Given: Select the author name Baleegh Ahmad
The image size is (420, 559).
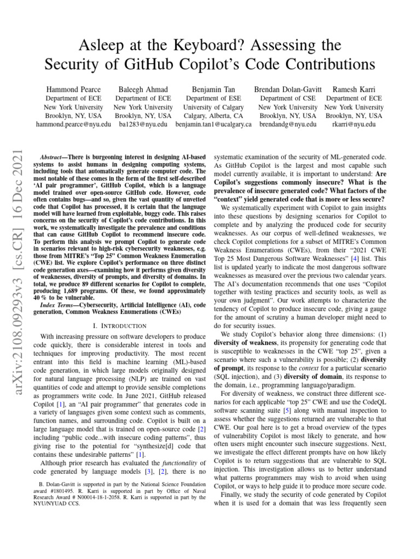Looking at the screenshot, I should (x=143, y=89).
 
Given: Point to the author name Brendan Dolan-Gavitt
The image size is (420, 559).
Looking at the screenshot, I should (x=288, y=89).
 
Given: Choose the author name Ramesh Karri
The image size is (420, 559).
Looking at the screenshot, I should (x=354, y=89).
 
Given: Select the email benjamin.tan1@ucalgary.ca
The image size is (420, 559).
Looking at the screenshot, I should (x=213, y=124).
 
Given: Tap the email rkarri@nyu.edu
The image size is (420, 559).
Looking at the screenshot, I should (x=354, y=124).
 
